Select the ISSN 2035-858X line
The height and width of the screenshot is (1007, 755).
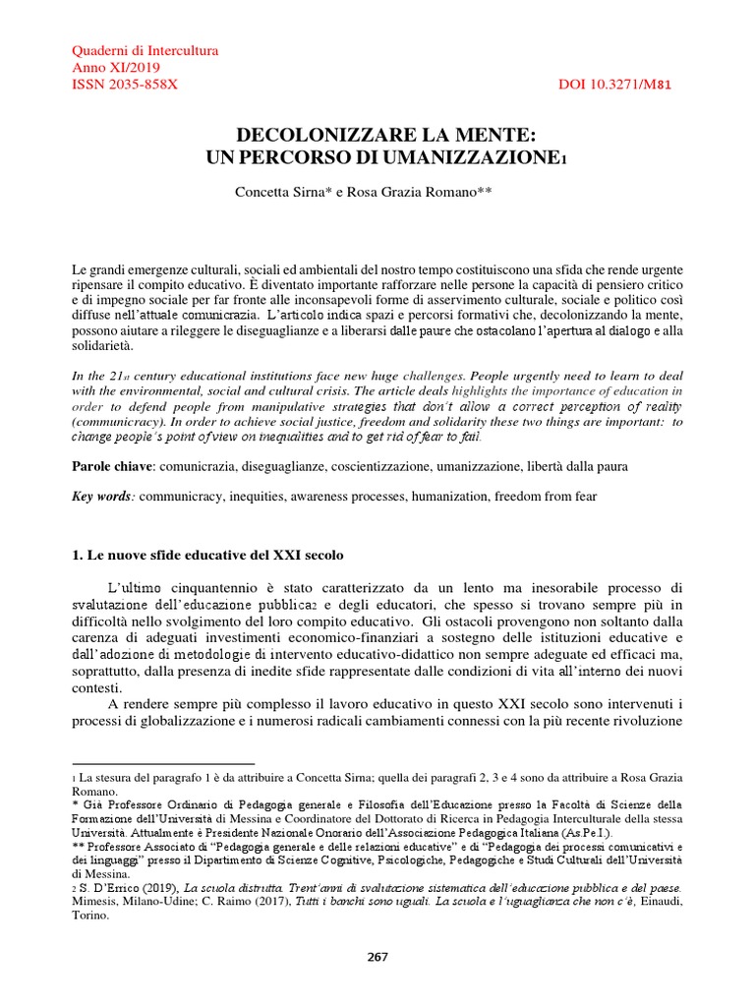126,86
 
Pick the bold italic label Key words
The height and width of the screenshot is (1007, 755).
104,498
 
